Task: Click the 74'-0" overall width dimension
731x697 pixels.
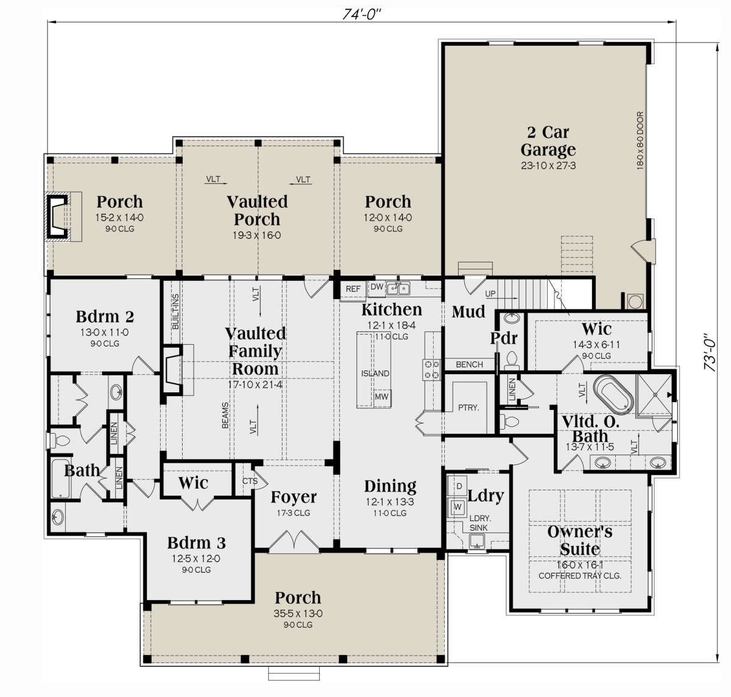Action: click(362, 14)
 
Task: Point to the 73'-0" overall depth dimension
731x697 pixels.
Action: click(710, 351)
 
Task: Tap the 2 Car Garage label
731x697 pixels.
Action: click(548, 141)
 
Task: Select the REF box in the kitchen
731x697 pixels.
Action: click(353, 289)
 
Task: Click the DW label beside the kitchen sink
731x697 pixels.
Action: click(376, 287)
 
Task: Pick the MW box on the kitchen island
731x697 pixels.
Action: click(381, 397)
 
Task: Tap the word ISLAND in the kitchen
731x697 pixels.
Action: click(375, 373)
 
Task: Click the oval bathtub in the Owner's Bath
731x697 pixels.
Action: click(613, 394)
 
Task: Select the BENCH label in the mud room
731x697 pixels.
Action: click(469, 364)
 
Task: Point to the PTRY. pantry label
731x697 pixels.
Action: click(468, 408)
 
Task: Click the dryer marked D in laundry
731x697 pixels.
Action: click(459, 486)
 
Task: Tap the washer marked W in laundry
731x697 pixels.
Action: click(457, 506)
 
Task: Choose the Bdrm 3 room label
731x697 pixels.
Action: click(196, 543)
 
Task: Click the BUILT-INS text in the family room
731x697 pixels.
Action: click(175, 311)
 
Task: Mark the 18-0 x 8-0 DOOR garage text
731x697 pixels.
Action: click(640, 141)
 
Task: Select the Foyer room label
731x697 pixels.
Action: click(294, 497)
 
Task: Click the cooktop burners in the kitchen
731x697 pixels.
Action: click(431, 369)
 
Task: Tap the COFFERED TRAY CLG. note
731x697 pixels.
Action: click(580, 576)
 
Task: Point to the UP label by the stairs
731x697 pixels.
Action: click(490, 294)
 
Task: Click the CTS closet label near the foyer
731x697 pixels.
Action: click(250, 481)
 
